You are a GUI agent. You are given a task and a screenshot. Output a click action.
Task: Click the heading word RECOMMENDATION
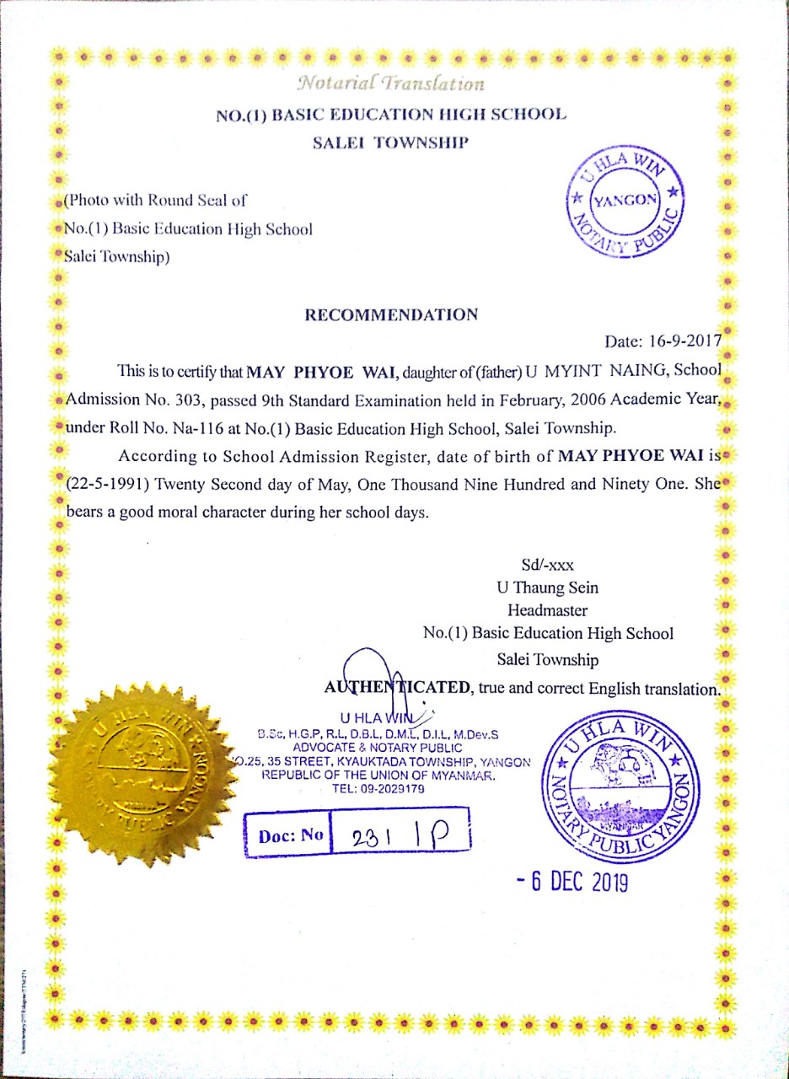(x=391, y=315)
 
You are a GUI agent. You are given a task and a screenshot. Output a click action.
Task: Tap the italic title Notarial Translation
(x=390, y=83)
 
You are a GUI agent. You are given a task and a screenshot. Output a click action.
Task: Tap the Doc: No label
(x=290, y=836)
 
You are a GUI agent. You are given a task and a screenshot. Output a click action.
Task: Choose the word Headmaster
(x=548, y=610)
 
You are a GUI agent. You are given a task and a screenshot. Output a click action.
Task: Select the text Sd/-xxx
(x=548, y=566)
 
